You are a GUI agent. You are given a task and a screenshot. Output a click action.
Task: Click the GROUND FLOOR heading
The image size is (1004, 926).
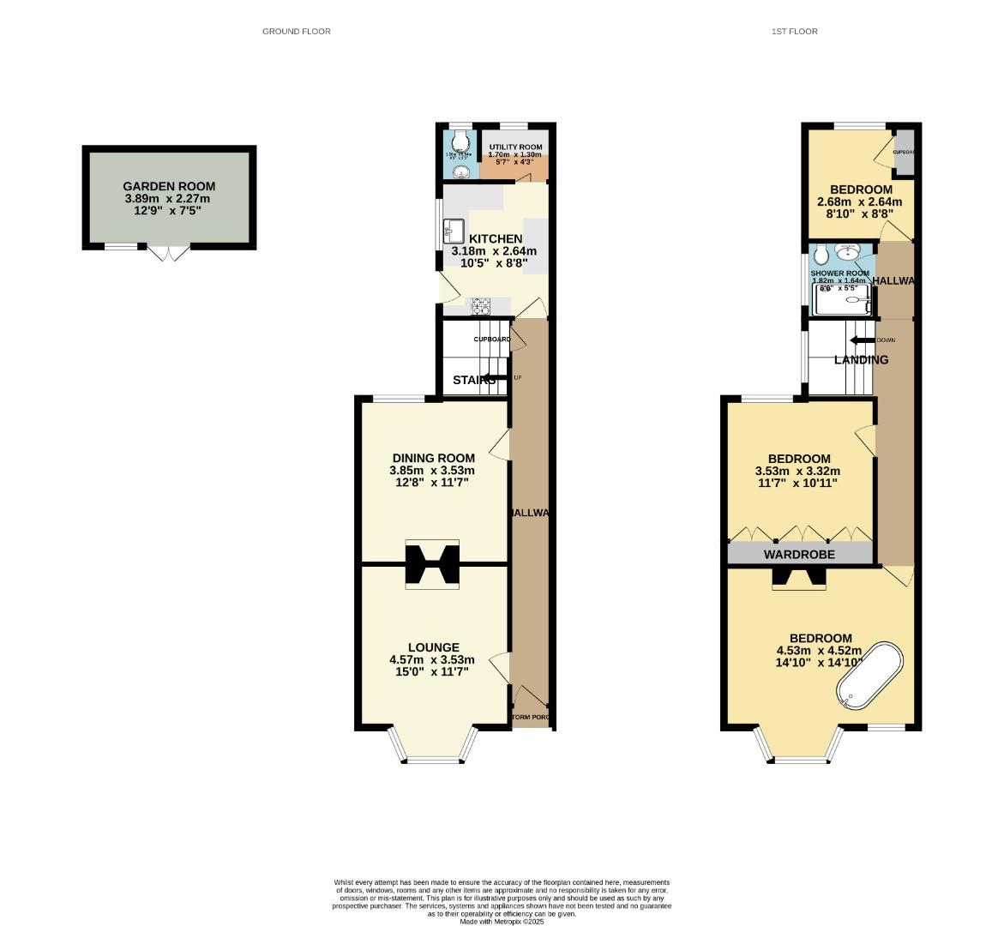[296, 32]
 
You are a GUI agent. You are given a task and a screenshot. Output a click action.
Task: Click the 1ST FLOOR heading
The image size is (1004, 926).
[794, 32]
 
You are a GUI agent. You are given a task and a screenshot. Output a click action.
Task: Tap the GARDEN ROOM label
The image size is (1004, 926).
[169, 186]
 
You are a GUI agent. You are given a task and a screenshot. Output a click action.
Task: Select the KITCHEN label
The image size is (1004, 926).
[490, 238]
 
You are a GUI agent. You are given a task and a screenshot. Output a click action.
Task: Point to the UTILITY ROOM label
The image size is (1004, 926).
[515, 147]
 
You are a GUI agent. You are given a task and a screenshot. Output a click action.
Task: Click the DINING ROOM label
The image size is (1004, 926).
[433, 458]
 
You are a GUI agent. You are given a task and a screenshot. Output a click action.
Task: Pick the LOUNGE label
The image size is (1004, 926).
[433, 647]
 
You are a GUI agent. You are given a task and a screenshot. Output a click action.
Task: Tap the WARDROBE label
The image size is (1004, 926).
[799, 555]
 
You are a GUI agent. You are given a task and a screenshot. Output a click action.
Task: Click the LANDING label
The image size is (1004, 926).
[861, 360]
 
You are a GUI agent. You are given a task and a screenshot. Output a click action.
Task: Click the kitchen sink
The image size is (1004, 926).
[454, 231]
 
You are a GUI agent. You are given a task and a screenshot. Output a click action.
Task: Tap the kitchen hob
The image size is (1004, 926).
[479, 305]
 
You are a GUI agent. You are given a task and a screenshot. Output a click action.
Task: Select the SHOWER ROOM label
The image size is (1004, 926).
[839, 274]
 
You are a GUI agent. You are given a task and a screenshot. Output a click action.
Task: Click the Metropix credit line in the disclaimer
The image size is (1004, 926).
[502, 922]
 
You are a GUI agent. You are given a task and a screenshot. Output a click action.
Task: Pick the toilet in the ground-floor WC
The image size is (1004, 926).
[461, 140]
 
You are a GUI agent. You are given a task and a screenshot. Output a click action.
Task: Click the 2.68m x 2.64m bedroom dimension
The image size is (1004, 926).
[859, 202]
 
